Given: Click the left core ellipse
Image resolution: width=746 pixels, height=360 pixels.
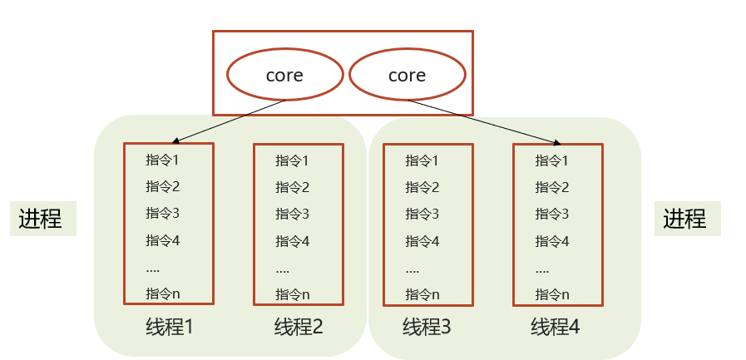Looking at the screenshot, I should click(284, 75).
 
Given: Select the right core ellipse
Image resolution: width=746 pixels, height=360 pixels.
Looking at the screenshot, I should click(407, 75).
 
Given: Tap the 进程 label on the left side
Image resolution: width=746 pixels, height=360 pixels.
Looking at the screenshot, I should click(41, 219).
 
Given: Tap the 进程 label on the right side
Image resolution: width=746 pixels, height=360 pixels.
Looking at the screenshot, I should click(685, 219).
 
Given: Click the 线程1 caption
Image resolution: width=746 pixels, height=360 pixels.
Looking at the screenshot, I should click(169, 326).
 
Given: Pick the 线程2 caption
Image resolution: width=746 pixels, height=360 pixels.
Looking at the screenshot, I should click(299, 326).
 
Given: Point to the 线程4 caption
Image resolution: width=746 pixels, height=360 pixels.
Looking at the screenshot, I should click(556, 326).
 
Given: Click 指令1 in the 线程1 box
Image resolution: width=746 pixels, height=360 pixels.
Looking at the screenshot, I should click(163, 160).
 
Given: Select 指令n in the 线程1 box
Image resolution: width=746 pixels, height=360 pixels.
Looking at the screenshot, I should click(163, 293).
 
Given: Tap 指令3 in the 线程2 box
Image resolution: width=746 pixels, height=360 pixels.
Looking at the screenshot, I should click(293, 214).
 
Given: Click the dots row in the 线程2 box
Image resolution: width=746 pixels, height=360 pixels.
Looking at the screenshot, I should click(283, 269).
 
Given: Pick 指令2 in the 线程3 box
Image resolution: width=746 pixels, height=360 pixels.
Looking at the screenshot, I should click(422, 187).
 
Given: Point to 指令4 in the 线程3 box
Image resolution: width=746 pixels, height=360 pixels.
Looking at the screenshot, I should click(422, 241).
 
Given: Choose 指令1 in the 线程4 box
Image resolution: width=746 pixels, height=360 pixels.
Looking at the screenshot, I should click(552, 160).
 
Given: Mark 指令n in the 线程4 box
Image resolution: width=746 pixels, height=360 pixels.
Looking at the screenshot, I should click(552, 293).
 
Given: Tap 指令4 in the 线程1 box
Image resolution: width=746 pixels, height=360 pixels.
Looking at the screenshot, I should click(163, 240).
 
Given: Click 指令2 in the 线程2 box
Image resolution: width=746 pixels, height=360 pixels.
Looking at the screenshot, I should click(293, 187).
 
